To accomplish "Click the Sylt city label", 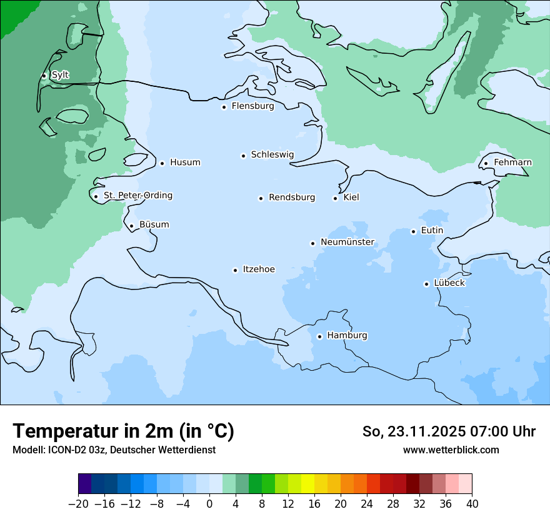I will pos(60,75).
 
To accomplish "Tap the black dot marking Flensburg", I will pos(224,107).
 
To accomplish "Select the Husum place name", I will pos(185,163).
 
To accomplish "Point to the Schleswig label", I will pos(272,154).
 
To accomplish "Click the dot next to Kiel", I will pos(335,198).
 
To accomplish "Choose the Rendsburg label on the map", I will pos(292,198).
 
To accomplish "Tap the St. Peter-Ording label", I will pos(137,196).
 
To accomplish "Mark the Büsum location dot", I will pos(131,226).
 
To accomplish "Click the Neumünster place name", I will pos(347,242).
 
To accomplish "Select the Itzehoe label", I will pos(259,270).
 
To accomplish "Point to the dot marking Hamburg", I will pos(319,336).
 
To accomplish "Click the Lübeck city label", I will pos(449,283).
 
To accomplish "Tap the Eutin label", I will pos(432,231).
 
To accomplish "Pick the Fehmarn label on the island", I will pos(512,163).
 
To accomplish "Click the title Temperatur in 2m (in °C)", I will pos(123,431).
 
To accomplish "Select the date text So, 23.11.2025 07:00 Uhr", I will pos(449,431).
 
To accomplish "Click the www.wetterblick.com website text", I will pos(451,450).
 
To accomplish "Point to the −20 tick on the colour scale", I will pos(79,504).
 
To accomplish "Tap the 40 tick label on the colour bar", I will pos(472,504).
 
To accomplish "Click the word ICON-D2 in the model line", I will pos(64,450).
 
